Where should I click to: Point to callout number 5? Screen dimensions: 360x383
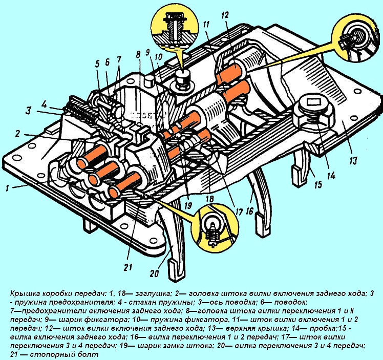97,64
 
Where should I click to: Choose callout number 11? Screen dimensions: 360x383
206,24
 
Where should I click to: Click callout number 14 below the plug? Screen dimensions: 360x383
330,175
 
